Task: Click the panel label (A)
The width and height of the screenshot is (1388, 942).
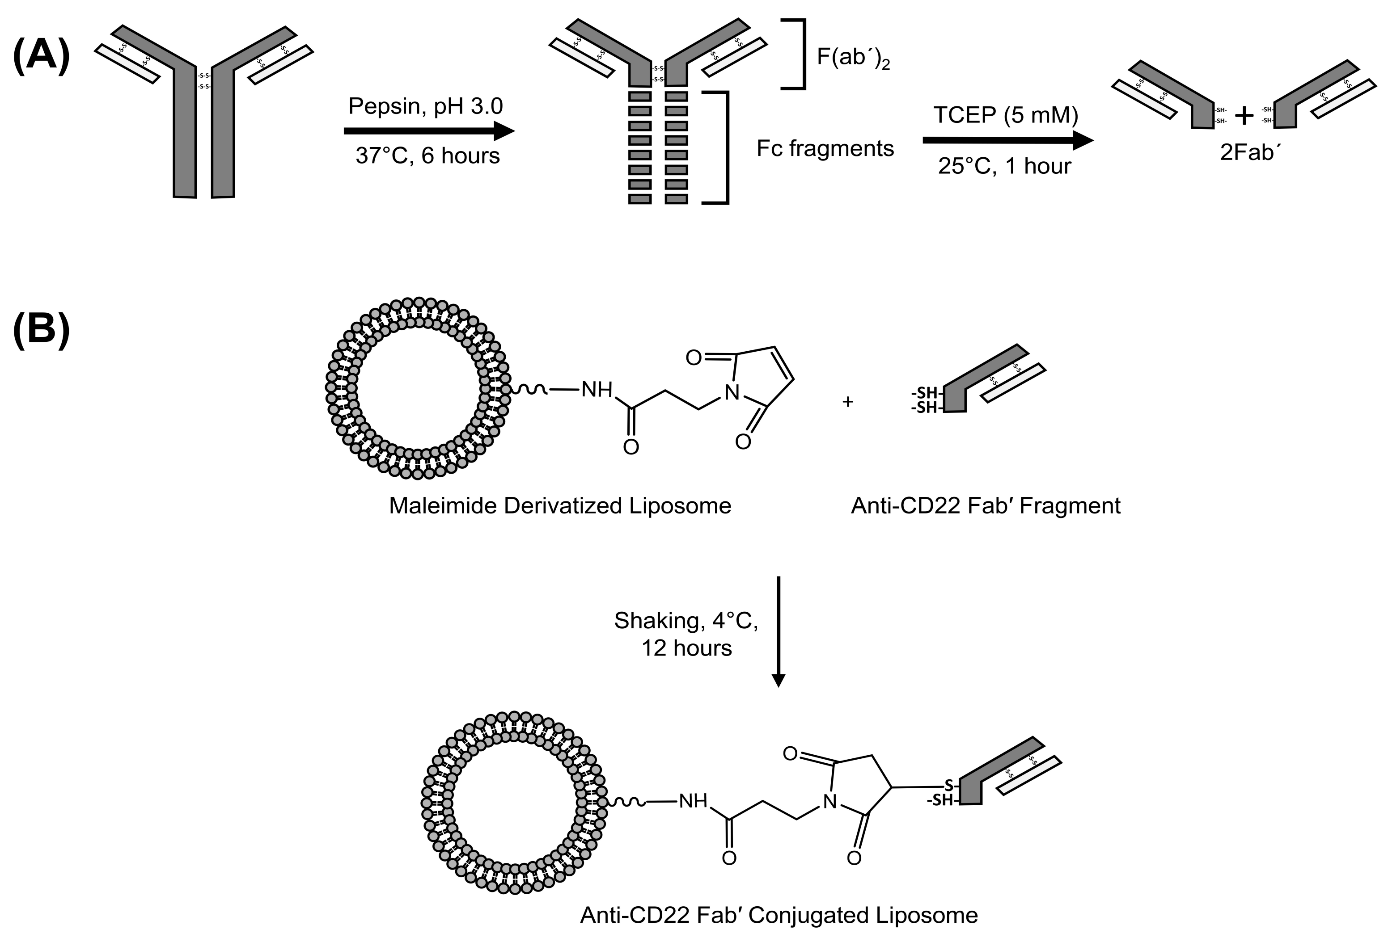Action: coord(41,57)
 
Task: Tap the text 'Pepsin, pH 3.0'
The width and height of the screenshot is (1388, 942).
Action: coord(425,106)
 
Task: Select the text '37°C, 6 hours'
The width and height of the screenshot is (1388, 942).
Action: coord(427,156)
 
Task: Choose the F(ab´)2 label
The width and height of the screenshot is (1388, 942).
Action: coord(853,59)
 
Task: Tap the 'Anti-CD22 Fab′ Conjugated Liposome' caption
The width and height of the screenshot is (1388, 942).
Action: coord(779,915)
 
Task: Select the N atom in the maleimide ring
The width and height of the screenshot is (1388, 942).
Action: coord(731,393)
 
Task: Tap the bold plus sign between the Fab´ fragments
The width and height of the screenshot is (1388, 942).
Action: coord(1244,116)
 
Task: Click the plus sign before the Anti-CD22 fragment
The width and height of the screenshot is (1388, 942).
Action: coord(847,402)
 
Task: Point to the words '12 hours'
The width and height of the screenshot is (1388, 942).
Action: coord(687,648)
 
